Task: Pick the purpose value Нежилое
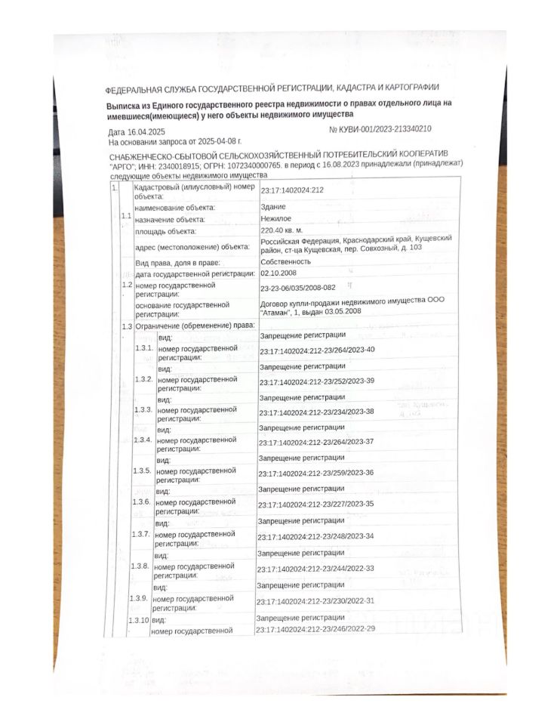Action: tap(276, 218)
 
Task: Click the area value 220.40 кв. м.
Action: tap(282, 230)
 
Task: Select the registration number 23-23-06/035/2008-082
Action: tap(300, 288)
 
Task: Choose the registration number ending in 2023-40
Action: tap(317, 350)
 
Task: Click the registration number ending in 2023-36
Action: tap(316, 473)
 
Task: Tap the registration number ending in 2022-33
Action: tap(315, 569)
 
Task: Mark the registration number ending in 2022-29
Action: tap(315, 629)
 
